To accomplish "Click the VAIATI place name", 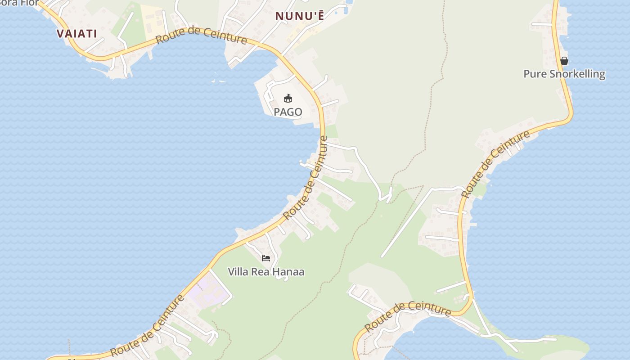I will point(76,33).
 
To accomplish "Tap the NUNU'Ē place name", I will point(299,16).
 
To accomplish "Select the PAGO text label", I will point(288,112).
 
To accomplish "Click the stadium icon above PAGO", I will point(288,98).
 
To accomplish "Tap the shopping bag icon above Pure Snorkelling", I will point(564,60).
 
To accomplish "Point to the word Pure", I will point(534,74).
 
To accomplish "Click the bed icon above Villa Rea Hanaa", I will point(266,258).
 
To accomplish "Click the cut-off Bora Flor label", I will point(18,3).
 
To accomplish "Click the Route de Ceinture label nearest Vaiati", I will point(201,36).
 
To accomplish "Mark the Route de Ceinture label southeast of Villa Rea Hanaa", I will point(407,316).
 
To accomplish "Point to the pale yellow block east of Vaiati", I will point(153,20).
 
